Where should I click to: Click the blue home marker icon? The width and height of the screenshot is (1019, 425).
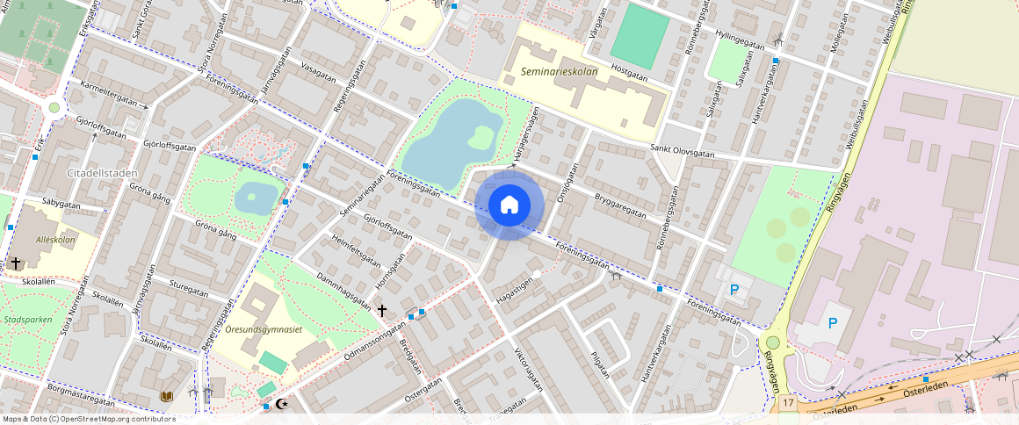pos(509,205)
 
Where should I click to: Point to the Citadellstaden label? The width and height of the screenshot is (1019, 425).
pos(99,173)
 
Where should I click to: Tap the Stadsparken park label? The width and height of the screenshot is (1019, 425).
pos(26,320)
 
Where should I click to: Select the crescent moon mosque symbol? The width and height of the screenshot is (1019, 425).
pos(281,404)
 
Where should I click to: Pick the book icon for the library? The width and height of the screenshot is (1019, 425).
pos(166,397)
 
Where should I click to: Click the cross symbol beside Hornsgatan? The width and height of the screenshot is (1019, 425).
pos(381,310)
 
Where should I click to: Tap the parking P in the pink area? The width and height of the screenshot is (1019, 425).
pos(832,323)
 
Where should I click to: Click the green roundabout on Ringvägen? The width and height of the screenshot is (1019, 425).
pos(772,342)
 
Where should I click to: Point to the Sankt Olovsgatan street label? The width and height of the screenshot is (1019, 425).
pos(682,151)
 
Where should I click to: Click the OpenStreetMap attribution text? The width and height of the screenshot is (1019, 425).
pos(89,419)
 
